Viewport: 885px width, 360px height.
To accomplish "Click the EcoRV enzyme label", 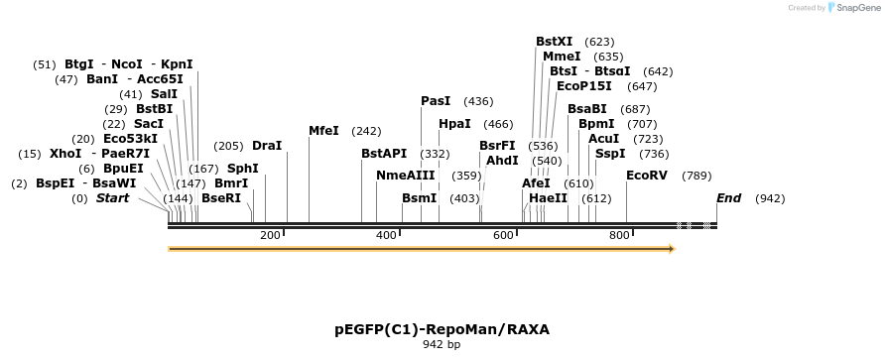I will tap(646, 176).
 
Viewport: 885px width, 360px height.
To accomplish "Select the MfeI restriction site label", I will tap(323, 131).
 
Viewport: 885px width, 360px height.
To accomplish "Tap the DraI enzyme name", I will tap(267, 146).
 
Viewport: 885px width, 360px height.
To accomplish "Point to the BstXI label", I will tap(554, 42).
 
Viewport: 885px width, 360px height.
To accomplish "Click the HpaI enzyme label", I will tap(454, 124).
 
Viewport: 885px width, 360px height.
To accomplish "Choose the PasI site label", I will tap(436, 101).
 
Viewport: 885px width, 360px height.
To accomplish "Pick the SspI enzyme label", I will tap(610, 154).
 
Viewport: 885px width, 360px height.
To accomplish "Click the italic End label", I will tap(728, 198).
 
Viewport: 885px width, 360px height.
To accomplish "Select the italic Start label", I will tap(112, 198).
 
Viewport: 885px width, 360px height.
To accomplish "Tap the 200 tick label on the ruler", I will tap(270, 235).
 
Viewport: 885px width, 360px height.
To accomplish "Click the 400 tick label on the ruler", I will tap(386, 235).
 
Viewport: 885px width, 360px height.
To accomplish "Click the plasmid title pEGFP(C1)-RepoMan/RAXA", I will tap(442, 328).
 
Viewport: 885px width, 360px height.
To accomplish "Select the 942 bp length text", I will tap(442, 345).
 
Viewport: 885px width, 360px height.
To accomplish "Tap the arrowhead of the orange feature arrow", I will tap(672, 249).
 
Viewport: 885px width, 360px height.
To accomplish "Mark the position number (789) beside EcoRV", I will tap(696, 176).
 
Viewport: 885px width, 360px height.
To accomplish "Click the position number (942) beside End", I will tap(770, 198).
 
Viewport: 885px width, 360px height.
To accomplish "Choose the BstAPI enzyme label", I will tap(384, 154).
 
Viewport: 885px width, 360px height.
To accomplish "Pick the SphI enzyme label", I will tap(243, 169).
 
